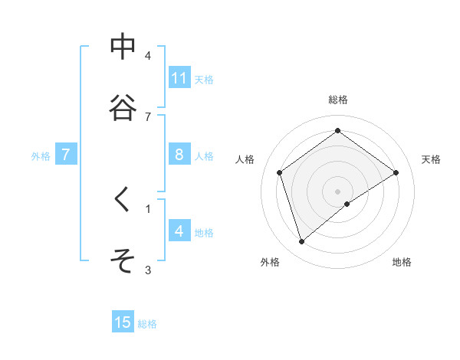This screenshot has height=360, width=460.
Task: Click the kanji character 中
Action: [123, 47]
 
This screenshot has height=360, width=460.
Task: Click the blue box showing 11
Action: [179, 78]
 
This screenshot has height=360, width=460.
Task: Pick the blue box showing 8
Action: [179, 155]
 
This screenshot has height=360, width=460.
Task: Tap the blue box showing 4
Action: [179, 231]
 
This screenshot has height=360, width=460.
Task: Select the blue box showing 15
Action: [123, 322]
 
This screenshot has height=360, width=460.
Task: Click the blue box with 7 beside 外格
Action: [66, 155]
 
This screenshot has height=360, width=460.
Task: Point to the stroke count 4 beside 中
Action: [148, 56]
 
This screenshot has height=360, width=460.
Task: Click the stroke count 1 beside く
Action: [148, 208]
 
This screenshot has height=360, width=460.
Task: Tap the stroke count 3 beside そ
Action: [148, 270]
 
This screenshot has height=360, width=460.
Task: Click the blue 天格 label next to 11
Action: [204, 79]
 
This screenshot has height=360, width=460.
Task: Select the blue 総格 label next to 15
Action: [147, 323]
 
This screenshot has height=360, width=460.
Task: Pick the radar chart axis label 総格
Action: [338, 100]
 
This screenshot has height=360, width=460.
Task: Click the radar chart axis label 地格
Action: [402, 262]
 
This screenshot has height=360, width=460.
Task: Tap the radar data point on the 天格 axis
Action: [396, 172]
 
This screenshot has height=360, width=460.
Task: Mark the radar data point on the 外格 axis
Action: [302, 242]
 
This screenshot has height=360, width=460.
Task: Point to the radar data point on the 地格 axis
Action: [347, 204]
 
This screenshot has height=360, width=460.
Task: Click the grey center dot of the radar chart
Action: [338, 191]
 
